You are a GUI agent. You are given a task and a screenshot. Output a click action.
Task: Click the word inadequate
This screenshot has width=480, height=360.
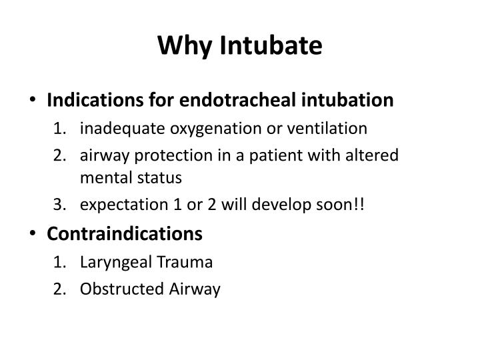[117, 128]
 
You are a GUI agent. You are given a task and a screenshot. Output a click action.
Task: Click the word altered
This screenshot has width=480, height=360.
[375, 155]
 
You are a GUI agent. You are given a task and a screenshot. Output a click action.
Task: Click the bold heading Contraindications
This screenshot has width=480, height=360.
[124, 233]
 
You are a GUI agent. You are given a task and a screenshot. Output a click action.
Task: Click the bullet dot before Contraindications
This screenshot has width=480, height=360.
[34, 234]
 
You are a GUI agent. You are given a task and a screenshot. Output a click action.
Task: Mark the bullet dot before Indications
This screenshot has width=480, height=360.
[34, 101]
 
